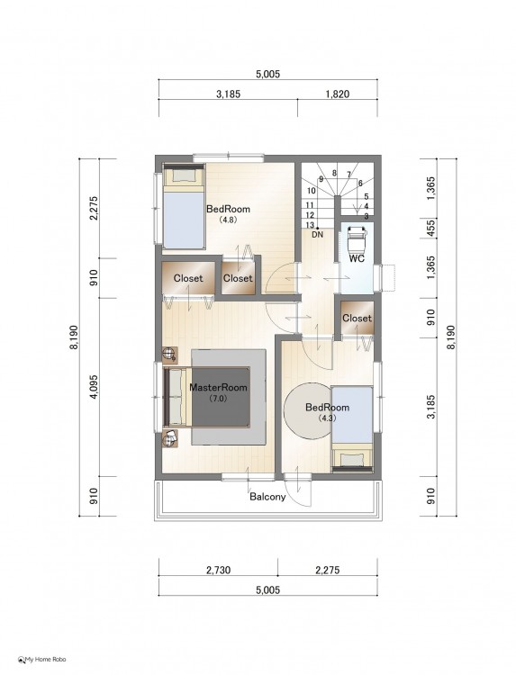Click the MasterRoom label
(x=218, y=387)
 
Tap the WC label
(x=357, y=258)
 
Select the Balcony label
(x=267, y=497)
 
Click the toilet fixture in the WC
(x=357, y=239)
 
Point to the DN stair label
(x=317, y=235)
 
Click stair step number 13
(x=310, y=225)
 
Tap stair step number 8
(x=334, y=173)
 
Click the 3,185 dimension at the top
(x=228, y=94)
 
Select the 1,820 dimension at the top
(x=338, y=94)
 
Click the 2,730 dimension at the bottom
(x=218, y=571)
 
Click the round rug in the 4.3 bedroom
(x=308, y=411)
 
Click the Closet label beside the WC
(x=358, y=318)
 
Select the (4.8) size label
(x=228, y=219)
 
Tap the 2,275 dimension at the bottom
(x=328, y=571)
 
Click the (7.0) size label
(x=218, y=398)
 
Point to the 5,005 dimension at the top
(x=268, y=74)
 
